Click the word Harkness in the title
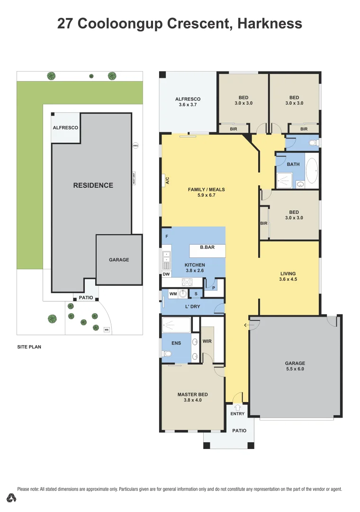coord(270,24)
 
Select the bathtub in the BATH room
coord(312,171)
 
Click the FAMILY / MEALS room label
coord(206,192)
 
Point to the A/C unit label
coord(167,181)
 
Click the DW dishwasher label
coord(166,274)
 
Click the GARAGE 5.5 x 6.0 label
coord(295,366)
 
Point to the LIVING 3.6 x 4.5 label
coord(288,276)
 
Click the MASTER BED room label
coord(192,397)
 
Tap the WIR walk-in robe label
coord(207,341)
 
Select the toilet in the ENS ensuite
coord(166,354)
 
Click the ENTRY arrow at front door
coord(237,406)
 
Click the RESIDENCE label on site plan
coord(93,185)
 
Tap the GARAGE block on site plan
coord(119,260)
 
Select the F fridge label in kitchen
coord(166,236)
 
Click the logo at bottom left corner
coord(12,498)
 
